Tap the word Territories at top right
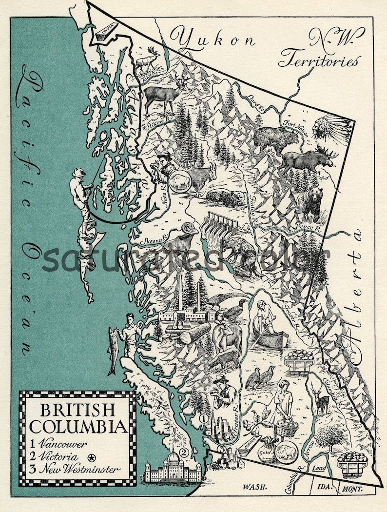(320, 60)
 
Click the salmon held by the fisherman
(113, 350)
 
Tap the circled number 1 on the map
(204, 418)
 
